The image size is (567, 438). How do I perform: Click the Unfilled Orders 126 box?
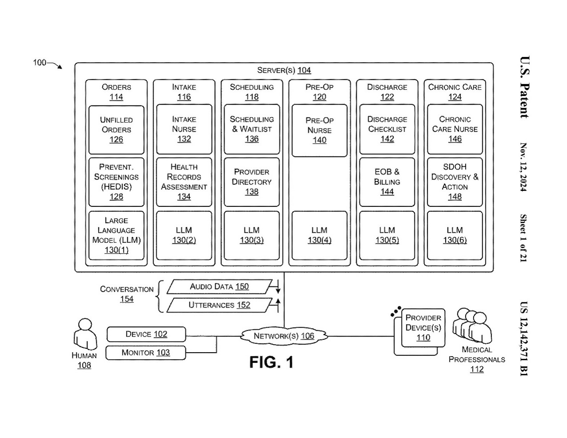116,129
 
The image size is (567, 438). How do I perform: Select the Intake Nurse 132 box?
184,129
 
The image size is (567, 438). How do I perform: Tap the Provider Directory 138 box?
252,181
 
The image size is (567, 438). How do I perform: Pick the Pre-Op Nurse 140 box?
319,130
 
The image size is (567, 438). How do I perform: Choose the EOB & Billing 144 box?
387,181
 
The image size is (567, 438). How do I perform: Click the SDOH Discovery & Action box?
454,181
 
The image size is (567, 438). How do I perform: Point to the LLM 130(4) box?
319,235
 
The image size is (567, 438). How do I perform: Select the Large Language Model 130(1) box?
116,235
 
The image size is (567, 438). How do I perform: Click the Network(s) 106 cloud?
284,336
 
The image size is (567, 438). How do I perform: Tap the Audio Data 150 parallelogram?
219,287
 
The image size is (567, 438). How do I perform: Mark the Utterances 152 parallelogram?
219,305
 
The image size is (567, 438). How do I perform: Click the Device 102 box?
146,334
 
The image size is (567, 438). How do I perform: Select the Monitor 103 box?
145,353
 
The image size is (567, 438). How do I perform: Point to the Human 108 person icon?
84,334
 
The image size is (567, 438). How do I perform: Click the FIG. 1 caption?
271,362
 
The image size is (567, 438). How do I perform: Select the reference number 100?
40,63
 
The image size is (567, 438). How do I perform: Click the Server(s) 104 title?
284,70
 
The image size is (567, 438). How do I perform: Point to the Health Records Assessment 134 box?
184,181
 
